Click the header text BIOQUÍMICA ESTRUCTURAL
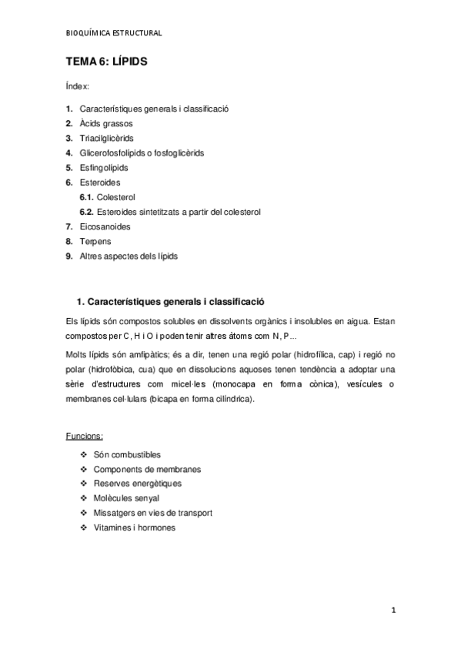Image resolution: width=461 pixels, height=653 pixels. click(114, 33)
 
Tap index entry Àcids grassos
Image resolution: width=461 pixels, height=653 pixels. click(105, 123)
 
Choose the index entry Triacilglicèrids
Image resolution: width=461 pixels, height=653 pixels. click(106, 138)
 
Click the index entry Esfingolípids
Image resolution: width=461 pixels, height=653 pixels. click(104, 167)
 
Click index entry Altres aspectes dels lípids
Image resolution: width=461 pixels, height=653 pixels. click(128, 256)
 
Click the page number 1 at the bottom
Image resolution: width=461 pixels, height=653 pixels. click(393, 611)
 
